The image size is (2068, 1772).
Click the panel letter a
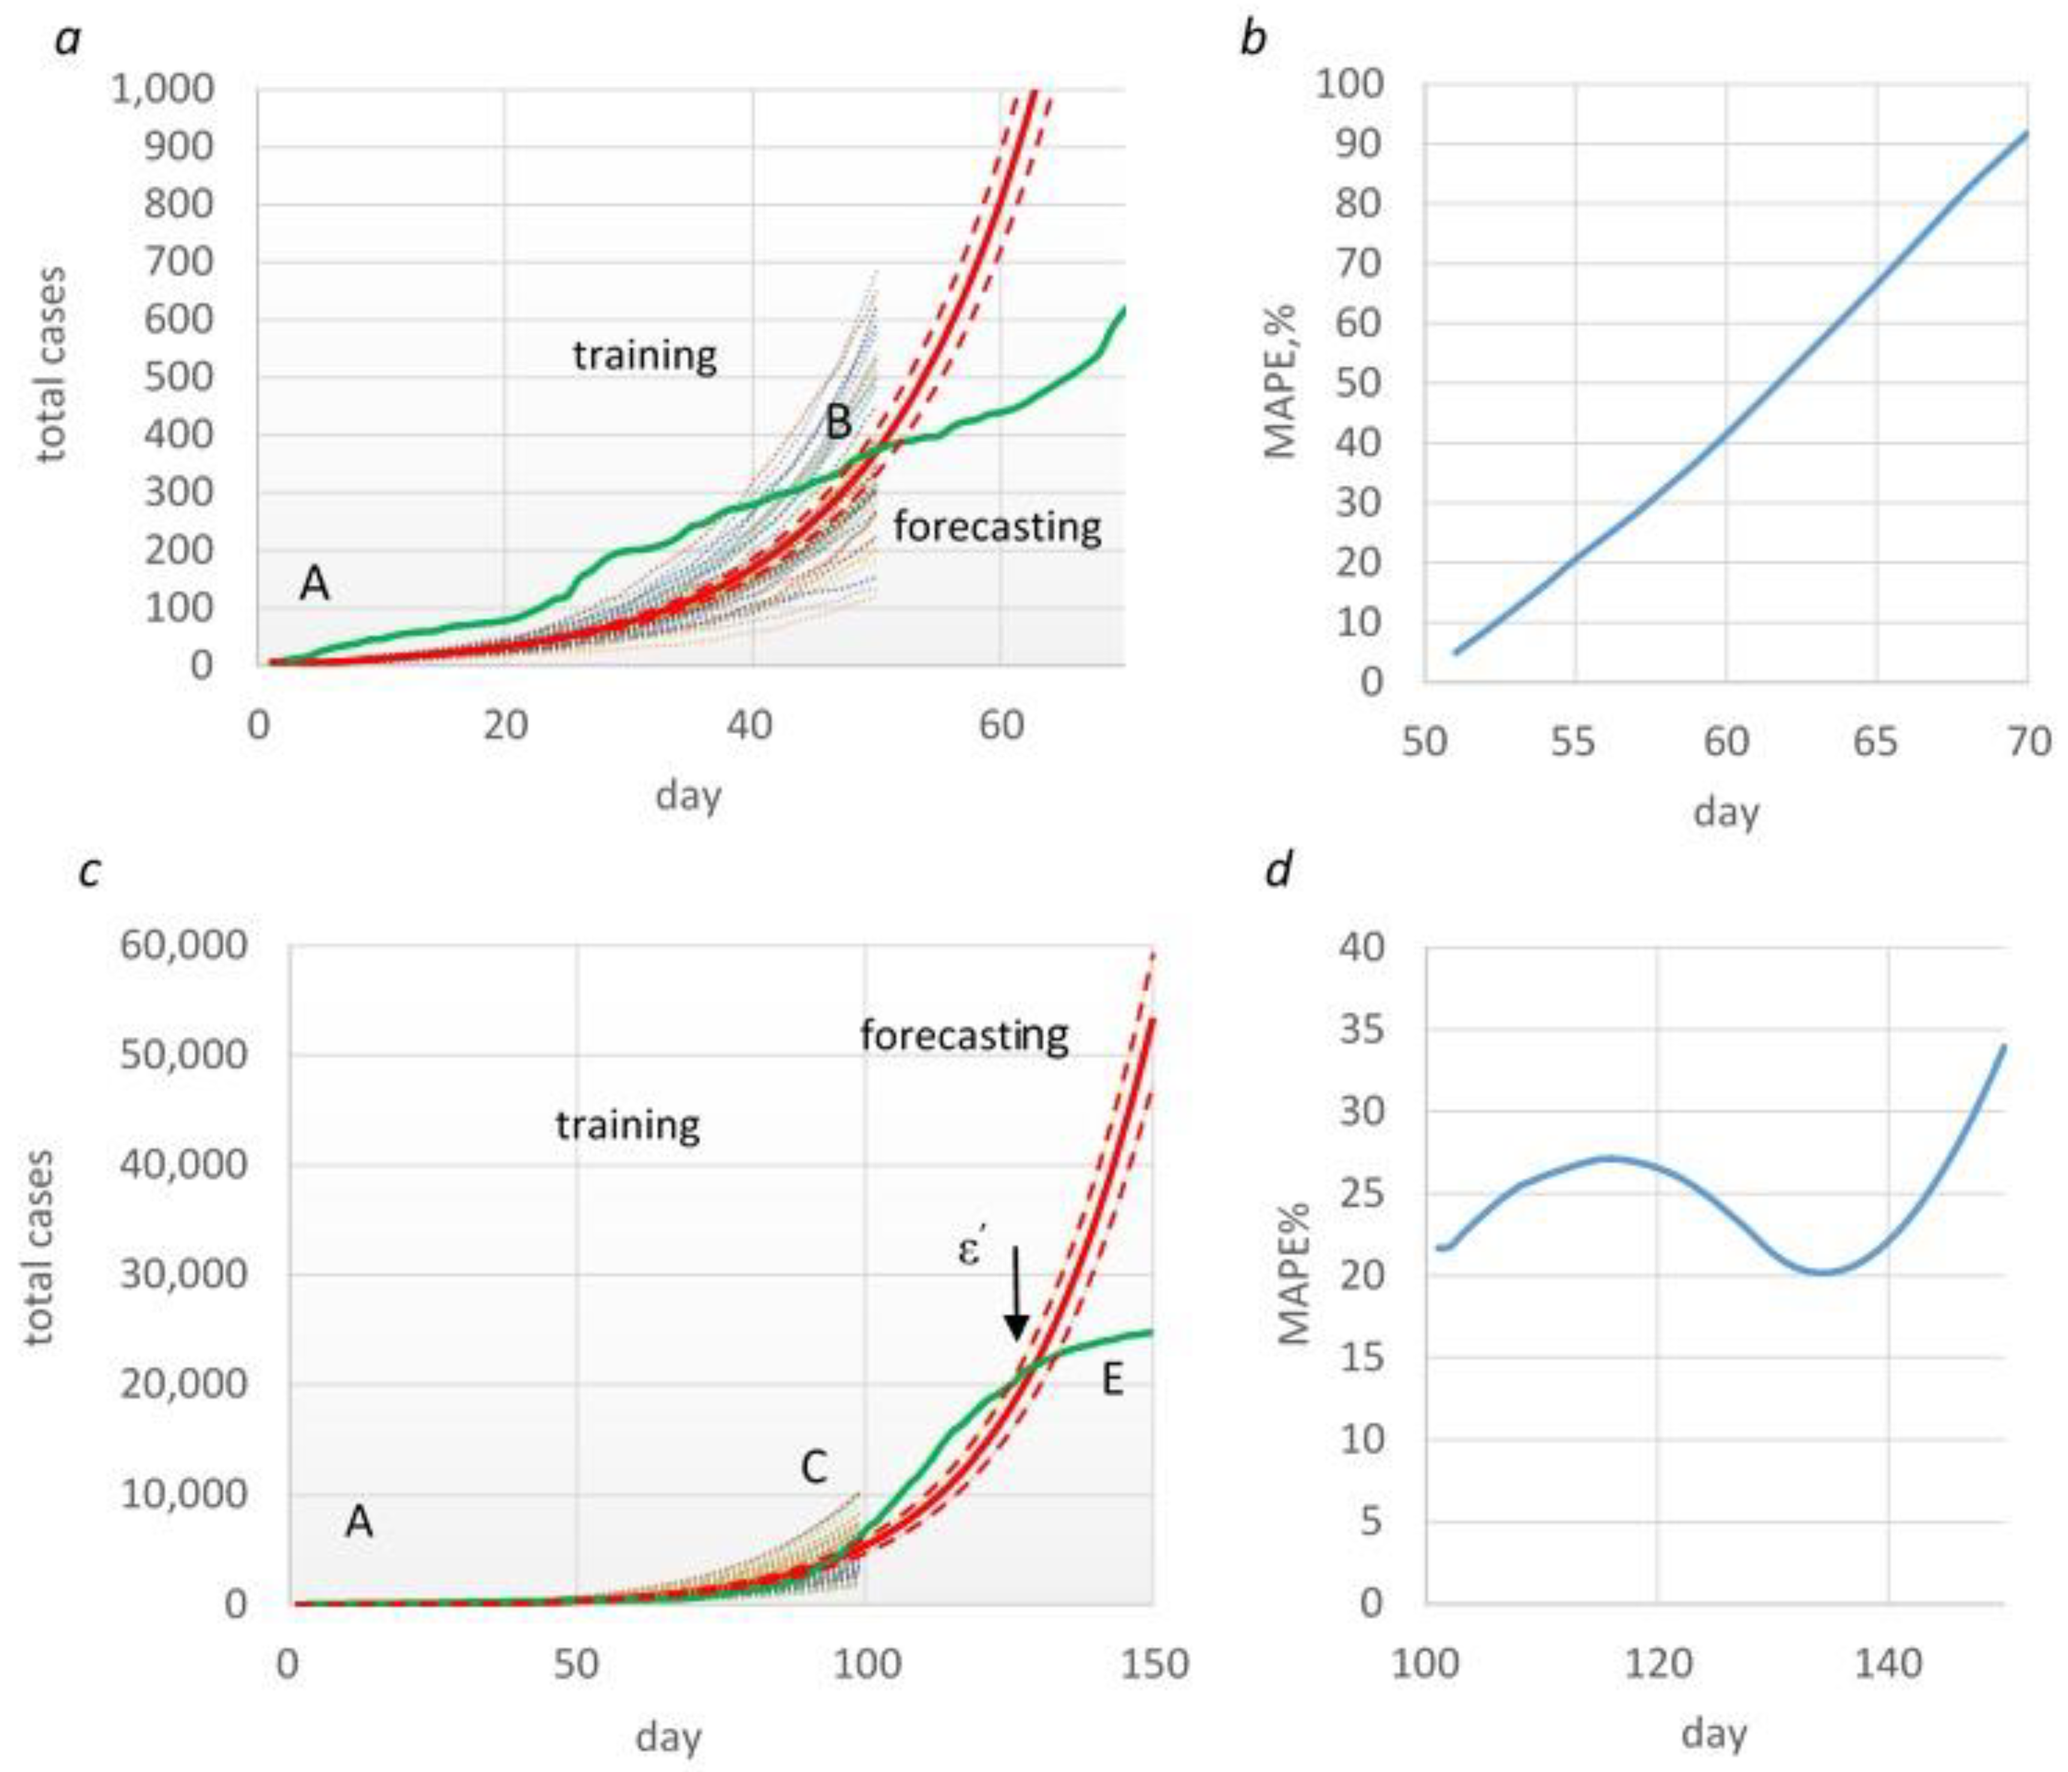click(67, 41)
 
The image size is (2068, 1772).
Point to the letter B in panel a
click(839, 422)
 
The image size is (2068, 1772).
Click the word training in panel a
click(645, 356)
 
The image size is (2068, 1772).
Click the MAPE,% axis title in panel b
click(1280, 381)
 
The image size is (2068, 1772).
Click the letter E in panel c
click(1112, 1380)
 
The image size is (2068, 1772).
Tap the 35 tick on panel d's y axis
click(1362, 1029)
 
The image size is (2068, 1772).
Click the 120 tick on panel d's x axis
click(1657, 1664)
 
